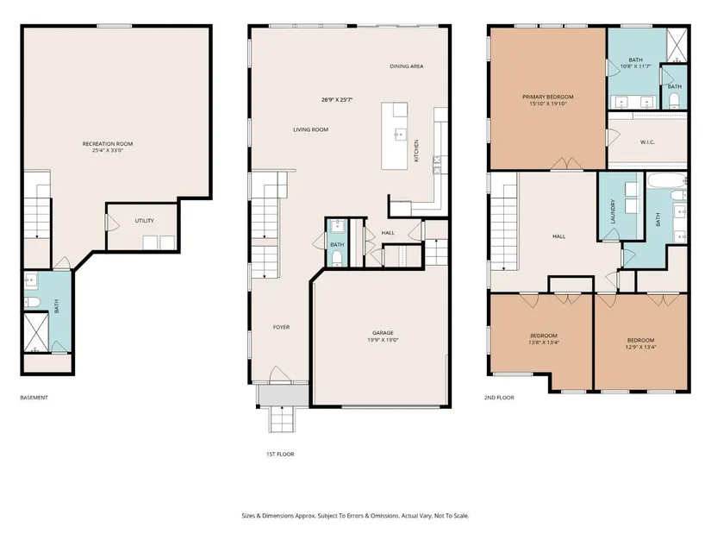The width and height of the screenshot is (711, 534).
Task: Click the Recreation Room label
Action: tap(108, 144)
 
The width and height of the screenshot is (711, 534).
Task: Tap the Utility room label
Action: tap(144, 221)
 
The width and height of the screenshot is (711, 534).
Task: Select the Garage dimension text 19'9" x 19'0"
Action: tap(383, 340)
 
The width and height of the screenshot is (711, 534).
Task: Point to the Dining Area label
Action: tap(407, 66)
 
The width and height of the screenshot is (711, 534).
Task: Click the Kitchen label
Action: tap(416, 150)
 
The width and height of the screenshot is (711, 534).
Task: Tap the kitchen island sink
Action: tap(400, 135)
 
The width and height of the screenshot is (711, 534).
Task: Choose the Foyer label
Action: tap(281, 327)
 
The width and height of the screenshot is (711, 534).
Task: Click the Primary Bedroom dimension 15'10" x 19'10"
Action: tap(548, 104)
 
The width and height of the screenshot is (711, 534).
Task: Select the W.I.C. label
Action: tap(647, 142)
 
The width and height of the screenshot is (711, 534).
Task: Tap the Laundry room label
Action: tap(613, 211)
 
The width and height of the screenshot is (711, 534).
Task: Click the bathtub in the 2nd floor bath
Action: tap(665, 180)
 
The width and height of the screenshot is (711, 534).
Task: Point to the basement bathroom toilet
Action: tap(32, 302)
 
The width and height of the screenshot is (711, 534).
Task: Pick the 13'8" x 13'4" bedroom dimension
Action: tap(543, 342)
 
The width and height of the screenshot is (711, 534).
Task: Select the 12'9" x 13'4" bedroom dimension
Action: tap(640, 348)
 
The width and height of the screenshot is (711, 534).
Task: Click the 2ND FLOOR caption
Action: tap(499, 398)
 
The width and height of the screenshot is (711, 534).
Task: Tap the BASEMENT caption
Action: tap(34, 398)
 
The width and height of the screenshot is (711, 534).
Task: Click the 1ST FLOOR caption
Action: tap(280, 454)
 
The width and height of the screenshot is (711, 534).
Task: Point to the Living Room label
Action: tap(310, 130)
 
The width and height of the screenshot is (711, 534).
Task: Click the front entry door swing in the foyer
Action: tap(280, 374)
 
